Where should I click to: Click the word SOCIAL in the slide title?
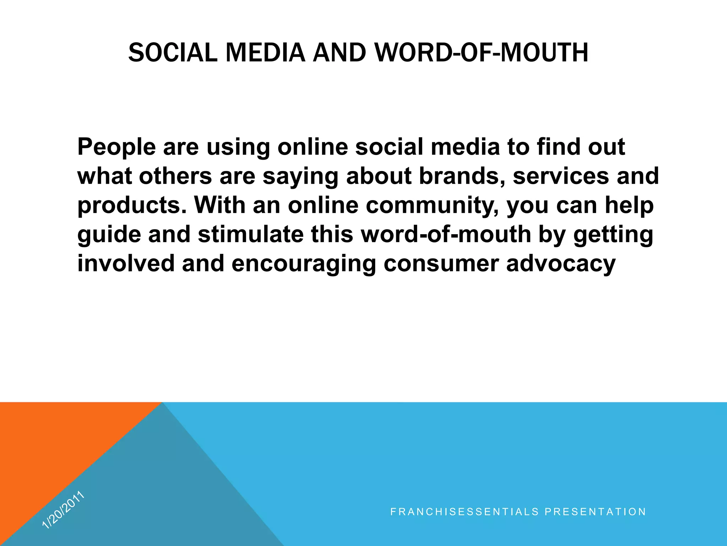173,53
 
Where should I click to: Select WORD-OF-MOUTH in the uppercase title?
482,53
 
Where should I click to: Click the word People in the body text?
116,147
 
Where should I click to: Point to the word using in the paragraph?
238,148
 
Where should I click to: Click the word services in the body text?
561,176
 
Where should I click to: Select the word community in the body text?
432,206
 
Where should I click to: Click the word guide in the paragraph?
109,235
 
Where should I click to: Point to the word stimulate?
251,235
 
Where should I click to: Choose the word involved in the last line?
126,264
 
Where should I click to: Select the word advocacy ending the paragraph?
561,264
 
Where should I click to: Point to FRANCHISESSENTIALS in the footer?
465,512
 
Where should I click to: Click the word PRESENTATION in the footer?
595,512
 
